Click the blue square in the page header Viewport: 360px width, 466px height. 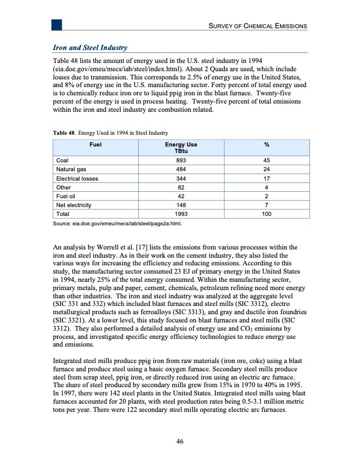coord(57,24)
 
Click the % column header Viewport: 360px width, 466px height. coord(267,144)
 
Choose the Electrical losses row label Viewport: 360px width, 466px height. coord(77,178)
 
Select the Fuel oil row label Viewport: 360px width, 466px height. coord(65,197)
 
